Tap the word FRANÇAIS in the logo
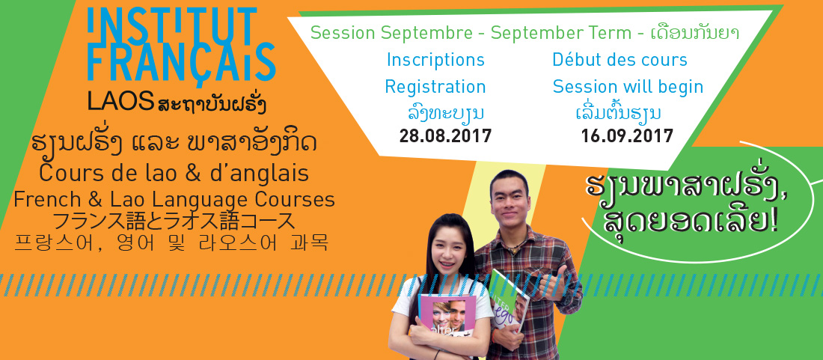(181, 62)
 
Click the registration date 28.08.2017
(445, 136)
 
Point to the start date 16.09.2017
(627, 136)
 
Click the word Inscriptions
(435, 60)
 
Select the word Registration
(435, 87)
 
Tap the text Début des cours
(620, 59)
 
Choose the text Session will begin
(628, 87)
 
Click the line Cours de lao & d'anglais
(174, 173)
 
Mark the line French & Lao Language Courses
(174, 199)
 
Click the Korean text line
(171, 243)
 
